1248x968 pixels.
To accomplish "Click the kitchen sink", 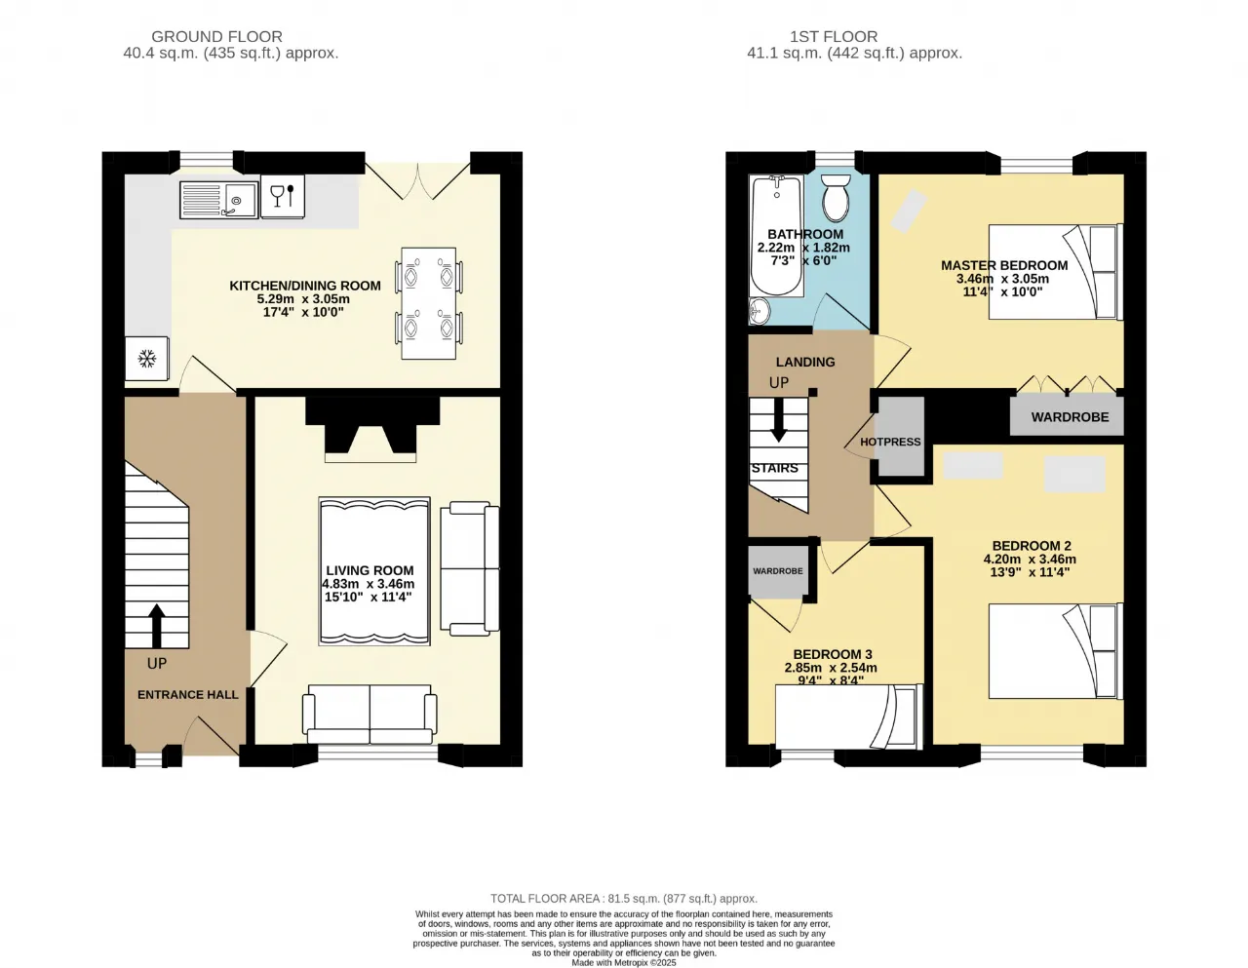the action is [218, 200].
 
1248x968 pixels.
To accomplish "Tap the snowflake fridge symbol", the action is [147, 359].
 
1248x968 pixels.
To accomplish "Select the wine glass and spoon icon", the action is [283, 196].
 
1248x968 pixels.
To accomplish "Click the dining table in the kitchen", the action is [428, 303].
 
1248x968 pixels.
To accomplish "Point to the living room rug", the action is [374, 571].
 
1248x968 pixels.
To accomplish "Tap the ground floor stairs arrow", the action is [156, 626].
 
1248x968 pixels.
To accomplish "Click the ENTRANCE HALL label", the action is [188, 695].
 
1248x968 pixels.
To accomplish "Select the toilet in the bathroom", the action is [836, 198].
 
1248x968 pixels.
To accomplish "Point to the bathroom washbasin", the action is [760, 312].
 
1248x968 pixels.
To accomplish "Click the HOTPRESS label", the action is [890, 443].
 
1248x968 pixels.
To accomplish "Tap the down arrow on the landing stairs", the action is [778, 420].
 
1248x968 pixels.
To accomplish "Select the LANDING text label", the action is [805, 363].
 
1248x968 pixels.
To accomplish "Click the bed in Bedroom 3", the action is [849, 716].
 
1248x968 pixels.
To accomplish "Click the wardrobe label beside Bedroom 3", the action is [778, 571].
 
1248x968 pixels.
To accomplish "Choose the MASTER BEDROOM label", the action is [1004, 265].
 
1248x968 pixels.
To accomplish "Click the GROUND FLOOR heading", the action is [216, 37].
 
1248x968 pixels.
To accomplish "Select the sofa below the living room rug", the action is [370, 715].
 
